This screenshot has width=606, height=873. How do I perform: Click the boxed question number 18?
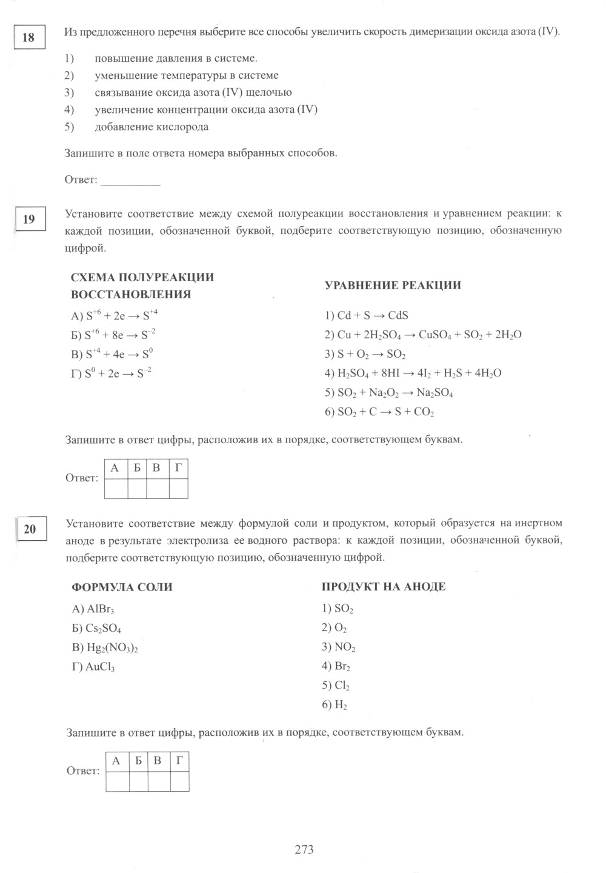click(x=28, y=38)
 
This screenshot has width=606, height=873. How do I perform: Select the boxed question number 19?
click(x=28, y=219)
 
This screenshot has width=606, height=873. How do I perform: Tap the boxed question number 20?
click(x=30, y=529)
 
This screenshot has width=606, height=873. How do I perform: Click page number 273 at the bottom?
click(x=304, y=849)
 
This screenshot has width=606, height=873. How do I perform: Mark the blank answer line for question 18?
click(x=130, y=181)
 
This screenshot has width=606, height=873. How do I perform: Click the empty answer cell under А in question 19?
click(x=116, y=488)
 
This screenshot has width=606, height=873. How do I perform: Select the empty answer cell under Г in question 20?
click(x=179, y=781)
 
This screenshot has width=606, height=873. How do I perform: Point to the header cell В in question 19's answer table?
click(x=156, y=468)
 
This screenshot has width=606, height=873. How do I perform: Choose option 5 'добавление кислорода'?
click(x=151, y=127)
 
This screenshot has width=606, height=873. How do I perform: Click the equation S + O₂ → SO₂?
click(x=365, y=354)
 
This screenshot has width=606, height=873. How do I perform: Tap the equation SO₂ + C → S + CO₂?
click(x=380, y=412)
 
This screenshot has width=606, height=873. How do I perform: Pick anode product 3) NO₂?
click(x=339, y=647)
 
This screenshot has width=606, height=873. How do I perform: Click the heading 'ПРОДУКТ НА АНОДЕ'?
click(x=384, y=586)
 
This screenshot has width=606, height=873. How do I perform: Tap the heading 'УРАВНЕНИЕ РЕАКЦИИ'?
click(x=393, y=286)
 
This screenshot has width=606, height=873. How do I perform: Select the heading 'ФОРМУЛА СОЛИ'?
click(x=122, y=587)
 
